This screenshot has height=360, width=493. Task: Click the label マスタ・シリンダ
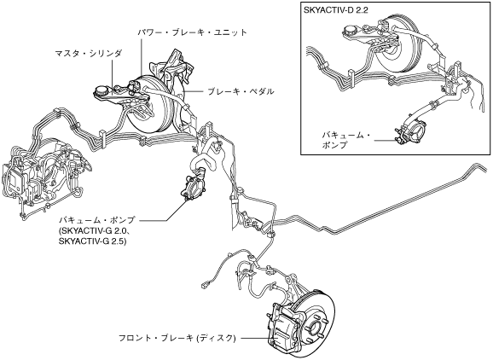pyautogui.click(x=89, y=53)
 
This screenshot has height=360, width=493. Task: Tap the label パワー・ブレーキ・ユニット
pyautogui.click(x=193, y=32)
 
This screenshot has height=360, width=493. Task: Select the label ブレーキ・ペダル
pyautogui.click(x=241, y=91)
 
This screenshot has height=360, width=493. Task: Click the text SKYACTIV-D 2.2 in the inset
pyautogui.click(x=336, y=9)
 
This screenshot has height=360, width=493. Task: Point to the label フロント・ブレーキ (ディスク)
pyautogui.click(x=177, y=339)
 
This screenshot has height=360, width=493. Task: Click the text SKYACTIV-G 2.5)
pyautogui.click(x=92, y=241)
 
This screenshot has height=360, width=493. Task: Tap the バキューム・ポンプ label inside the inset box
pyautogui.click(x=345, y=140)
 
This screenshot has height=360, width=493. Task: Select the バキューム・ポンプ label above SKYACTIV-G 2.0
pyautogui.click(x=97, y=220)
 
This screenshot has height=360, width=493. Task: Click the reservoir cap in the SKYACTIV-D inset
pyautogui.click(x=350, y=31)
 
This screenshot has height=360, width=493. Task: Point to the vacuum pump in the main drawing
pyautogui.click(x=193, y=188)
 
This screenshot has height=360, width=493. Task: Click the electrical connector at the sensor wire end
pyautogui.click(x=204, y=285)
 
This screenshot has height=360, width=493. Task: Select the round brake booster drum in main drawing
pyautogui.click(x=150, y=104)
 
